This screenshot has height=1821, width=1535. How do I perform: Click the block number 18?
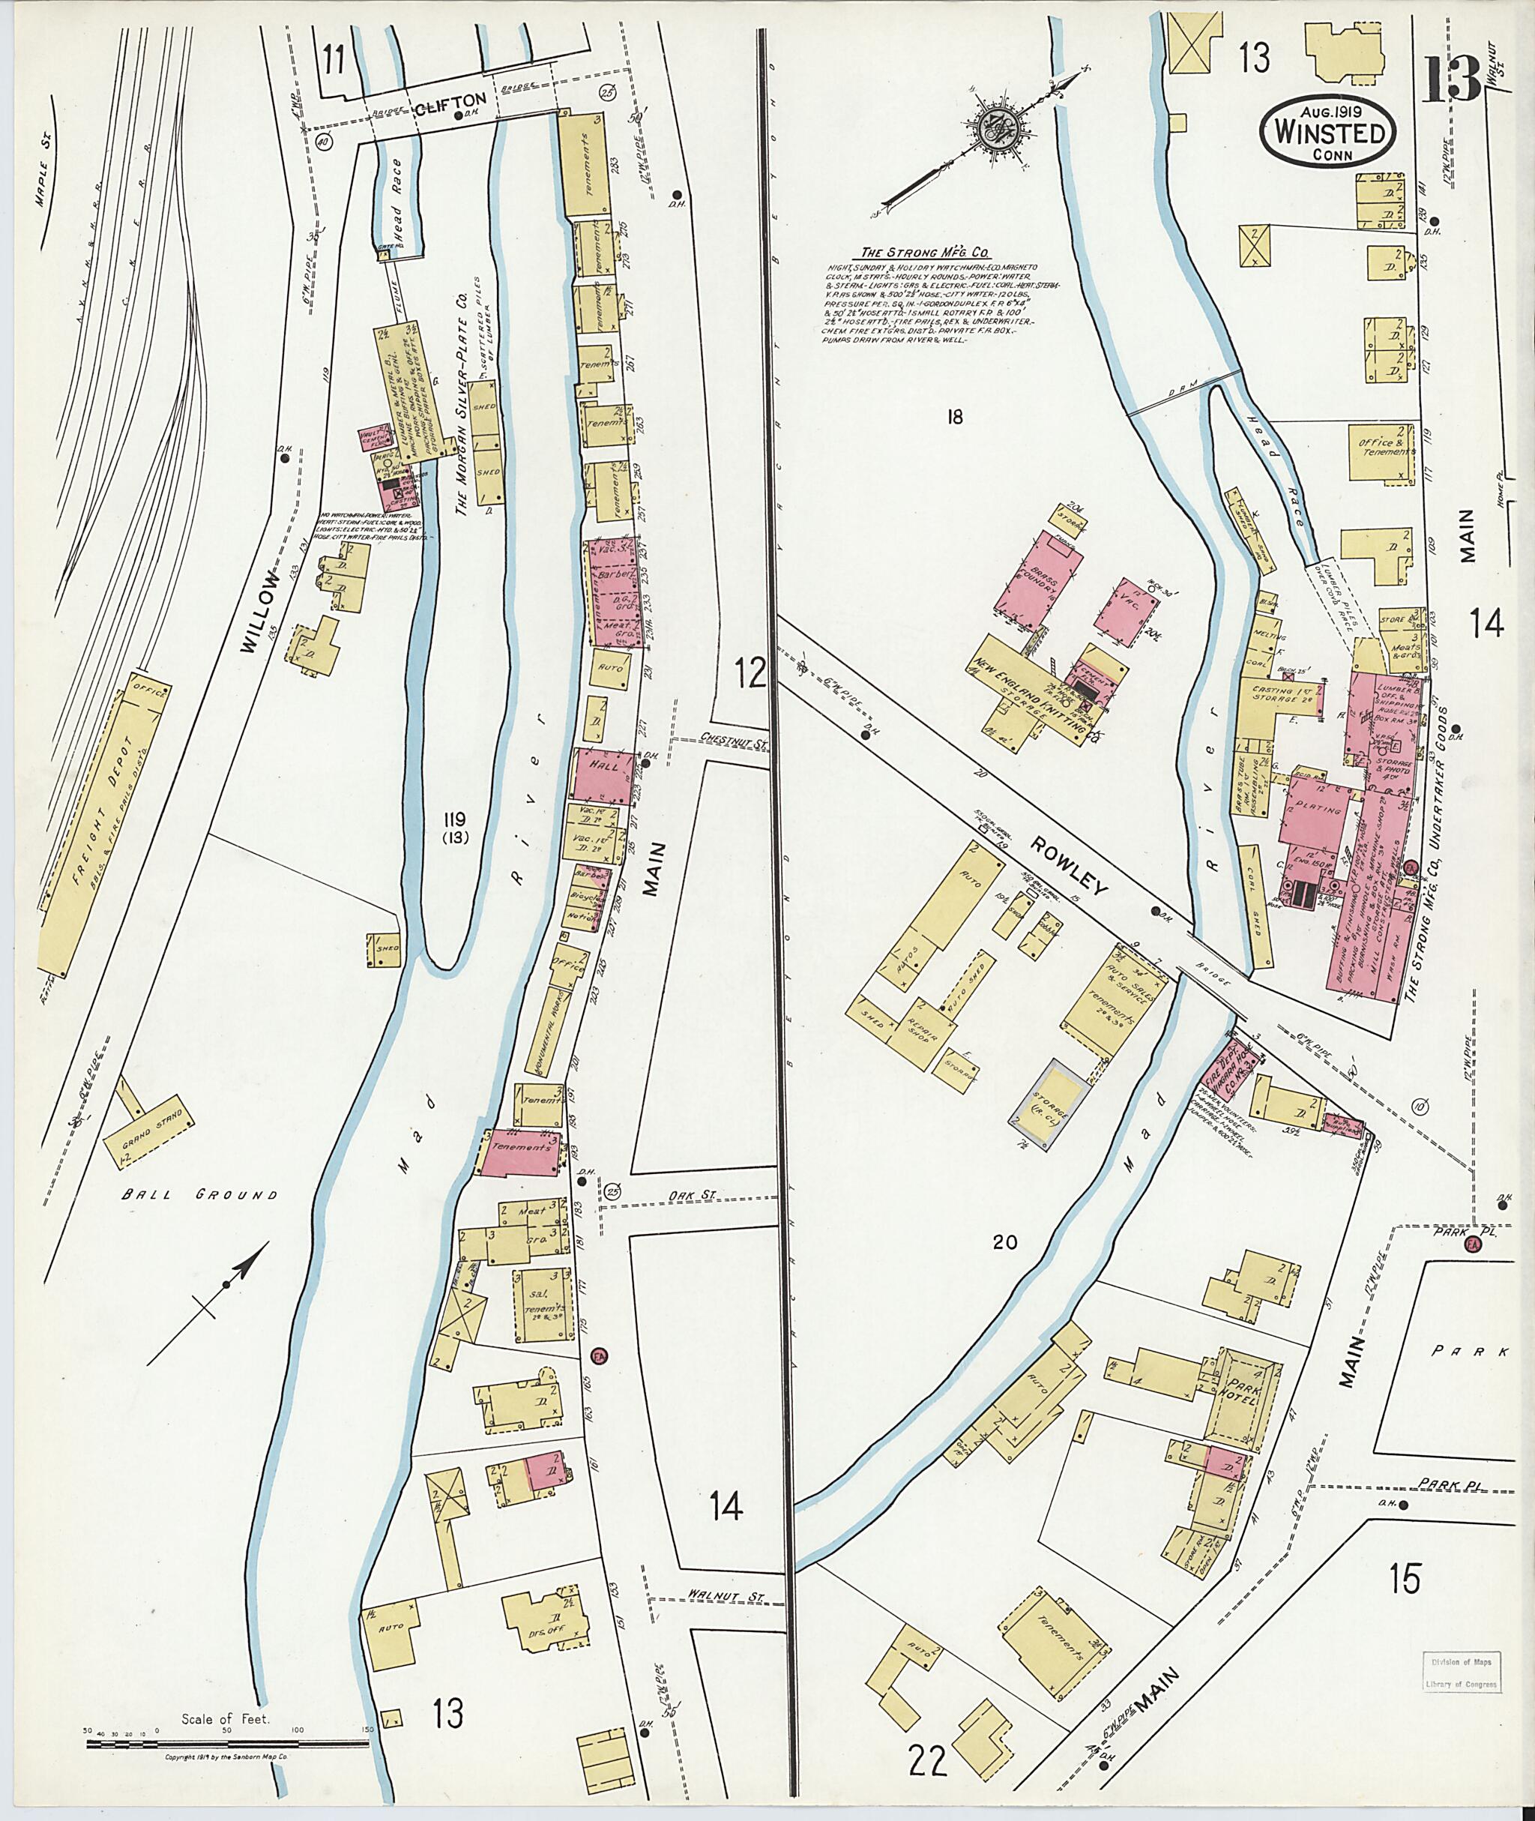click(955, 417)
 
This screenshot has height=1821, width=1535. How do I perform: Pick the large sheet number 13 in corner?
click(1453, 78)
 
